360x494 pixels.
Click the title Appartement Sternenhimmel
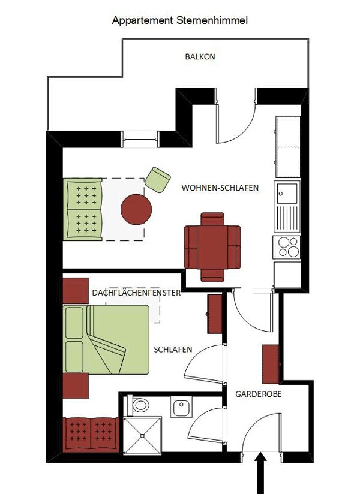tap(180, 21)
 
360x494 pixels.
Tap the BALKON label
tap(200, 57)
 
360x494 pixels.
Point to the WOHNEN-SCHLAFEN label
tap(220, 188)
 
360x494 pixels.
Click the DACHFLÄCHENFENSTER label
tap(136, 293)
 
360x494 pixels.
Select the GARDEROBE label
tap(259, 394)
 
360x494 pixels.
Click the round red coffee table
tap(136, 209)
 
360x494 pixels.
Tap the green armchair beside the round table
tap(158, 180)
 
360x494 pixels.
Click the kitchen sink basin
tap(287, 194)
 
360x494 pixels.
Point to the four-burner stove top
tap(287, 246)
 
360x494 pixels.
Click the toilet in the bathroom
tap(138, 405)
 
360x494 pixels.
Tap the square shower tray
tap(142, 435)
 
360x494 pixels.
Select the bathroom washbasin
tap(181, 406)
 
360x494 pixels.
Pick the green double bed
tap(106, 339)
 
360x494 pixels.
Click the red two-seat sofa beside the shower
tap(91, 435)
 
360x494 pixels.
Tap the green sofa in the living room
tap(83, 209)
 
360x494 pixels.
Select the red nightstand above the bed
tap(76, 291)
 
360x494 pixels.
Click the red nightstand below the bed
tap(76, 386)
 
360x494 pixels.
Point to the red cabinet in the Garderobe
tap(271, 364)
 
